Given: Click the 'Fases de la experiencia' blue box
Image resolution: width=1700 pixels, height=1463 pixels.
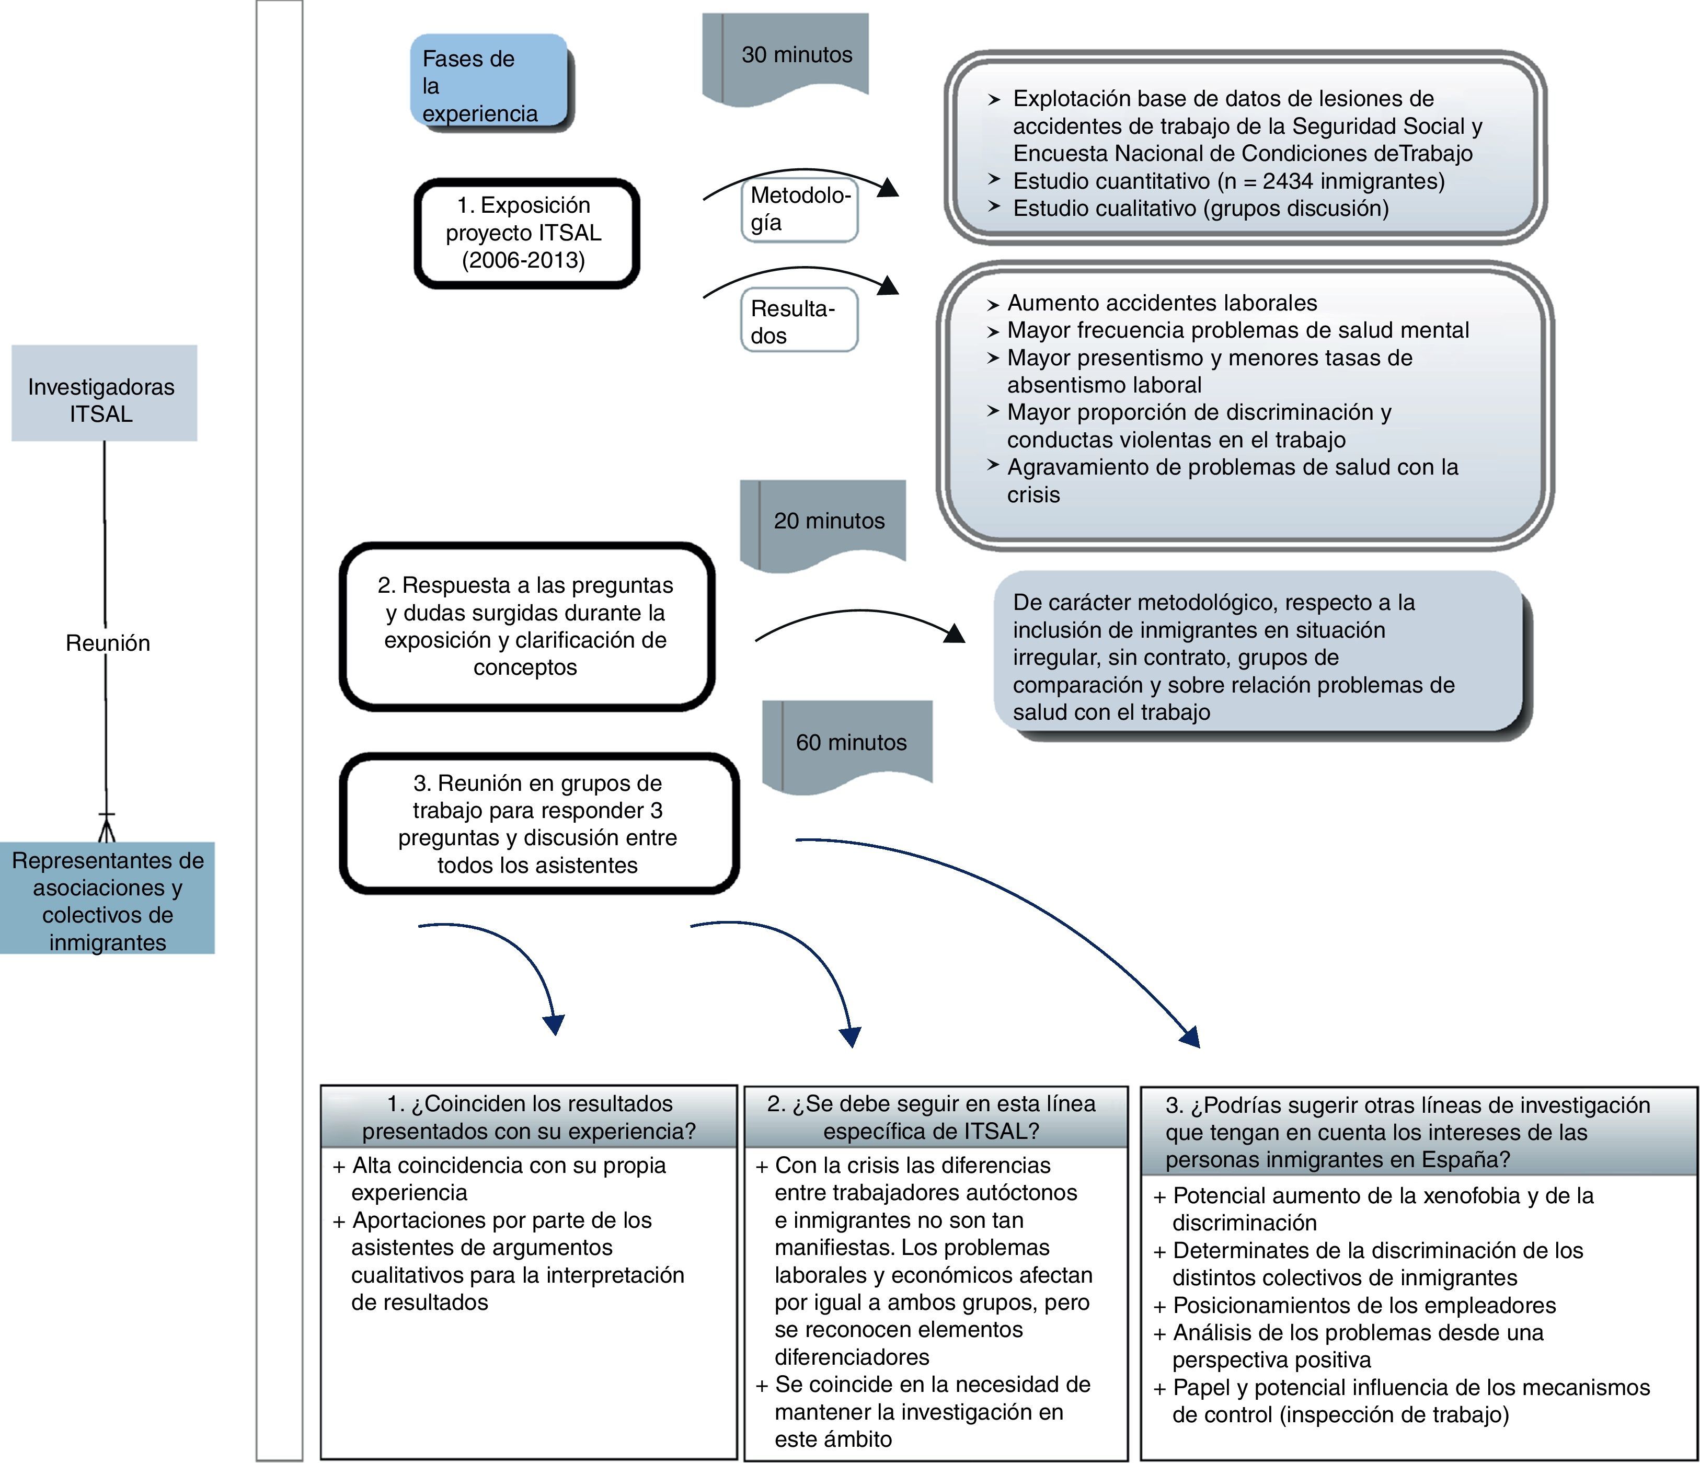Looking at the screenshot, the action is pos(491,82).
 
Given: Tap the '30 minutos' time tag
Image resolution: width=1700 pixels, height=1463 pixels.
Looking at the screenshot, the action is pos(785,57).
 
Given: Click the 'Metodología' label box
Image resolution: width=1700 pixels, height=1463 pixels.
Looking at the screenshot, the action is pos(800,210).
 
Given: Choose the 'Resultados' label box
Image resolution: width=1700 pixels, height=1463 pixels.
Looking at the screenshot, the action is pos(800,320).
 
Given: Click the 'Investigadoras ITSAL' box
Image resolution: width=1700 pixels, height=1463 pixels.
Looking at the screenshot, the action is pos(104,393).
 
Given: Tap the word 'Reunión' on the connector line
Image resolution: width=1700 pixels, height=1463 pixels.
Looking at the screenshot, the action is pos(108,643).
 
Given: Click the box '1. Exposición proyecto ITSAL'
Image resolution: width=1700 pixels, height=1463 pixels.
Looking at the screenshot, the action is pos(527,233).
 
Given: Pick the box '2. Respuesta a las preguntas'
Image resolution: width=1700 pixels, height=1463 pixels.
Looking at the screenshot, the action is pos(527,626).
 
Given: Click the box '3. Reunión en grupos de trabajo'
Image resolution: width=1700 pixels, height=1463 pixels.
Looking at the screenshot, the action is pos(539,824).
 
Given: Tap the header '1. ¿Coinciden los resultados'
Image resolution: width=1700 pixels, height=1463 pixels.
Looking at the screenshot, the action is pos(529,1117).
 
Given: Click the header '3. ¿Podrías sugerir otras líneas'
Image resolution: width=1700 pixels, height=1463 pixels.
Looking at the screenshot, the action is pos(1419,1132).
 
